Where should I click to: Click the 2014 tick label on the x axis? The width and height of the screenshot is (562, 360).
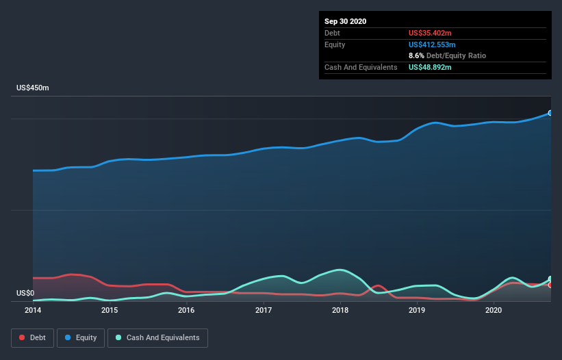click(x=33, y=310)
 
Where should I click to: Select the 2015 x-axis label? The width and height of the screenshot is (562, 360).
click(x=110, y=310)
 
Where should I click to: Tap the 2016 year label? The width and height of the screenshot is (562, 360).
click(x=186, y=310)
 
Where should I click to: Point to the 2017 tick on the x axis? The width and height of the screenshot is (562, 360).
click(x=264, y=310)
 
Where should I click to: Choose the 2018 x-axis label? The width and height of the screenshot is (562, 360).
click(x=340, y=310)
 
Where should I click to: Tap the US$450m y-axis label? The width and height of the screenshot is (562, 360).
click(x=33, y=88)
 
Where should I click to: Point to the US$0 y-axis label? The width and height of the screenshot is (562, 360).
click(x=25, y=294)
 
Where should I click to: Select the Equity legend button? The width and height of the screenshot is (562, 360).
click(x=81, y=337)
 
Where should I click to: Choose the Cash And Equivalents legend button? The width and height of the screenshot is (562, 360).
click(x=157, y=337)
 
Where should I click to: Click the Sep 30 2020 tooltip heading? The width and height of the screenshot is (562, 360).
click(x=345, y=21)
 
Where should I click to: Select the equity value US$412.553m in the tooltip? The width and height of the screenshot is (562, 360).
click(x=432, y=44)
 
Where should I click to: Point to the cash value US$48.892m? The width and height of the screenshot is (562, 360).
click(x=430, y=67)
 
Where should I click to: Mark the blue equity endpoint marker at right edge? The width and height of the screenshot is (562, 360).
click(x=550, y=113)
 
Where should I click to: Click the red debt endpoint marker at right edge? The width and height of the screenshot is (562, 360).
click(x=550, y=285)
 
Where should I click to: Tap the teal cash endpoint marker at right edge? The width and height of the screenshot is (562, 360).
click(x=550, y=279)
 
